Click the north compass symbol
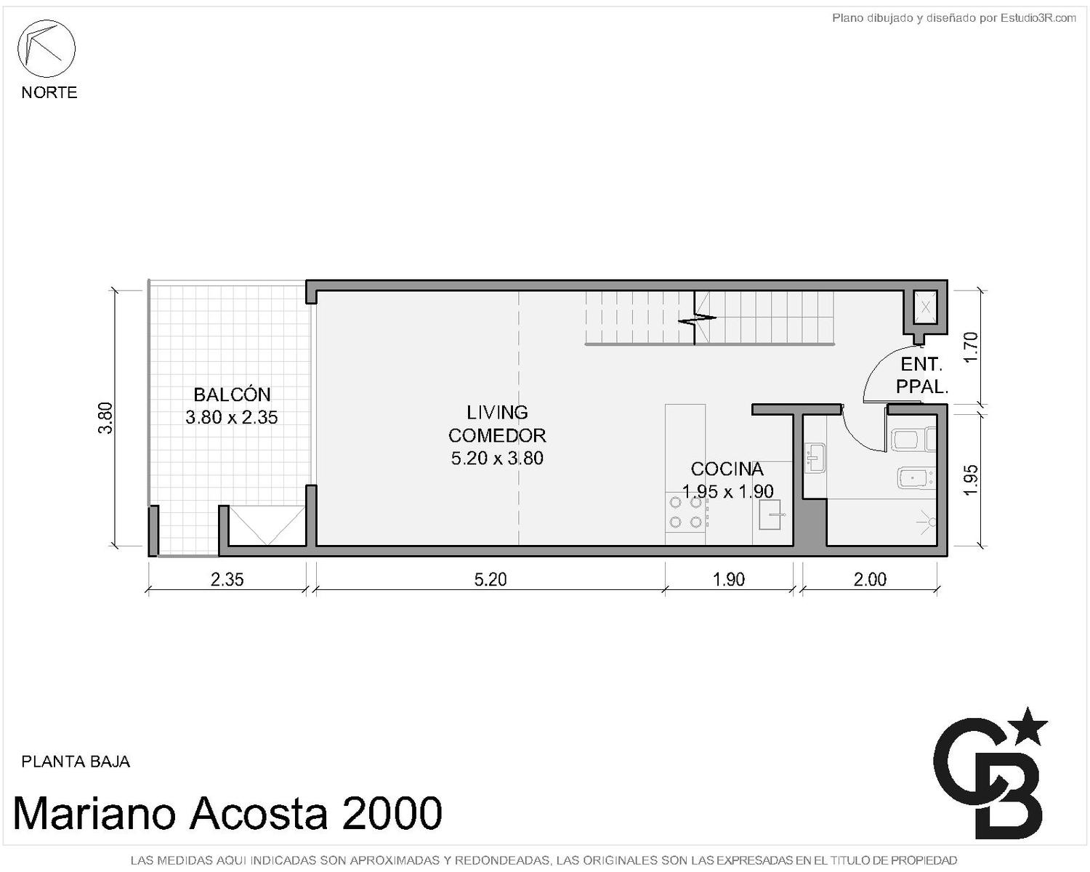(47, 49)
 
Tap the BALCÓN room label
(232, 394)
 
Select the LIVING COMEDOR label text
(497, 424)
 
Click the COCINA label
(727, 469)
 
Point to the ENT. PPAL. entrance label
(922, 376)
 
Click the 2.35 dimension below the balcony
(227, 579)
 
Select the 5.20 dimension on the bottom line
(490, 579)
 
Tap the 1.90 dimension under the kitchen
(728, 579)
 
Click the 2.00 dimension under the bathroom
(870, 579)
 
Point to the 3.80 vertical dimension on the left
(105, 418)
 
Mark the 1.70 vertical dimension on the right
(971, 347)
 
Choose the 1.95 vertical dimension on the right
(971, 480)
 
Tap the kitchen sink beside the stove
(770, 514)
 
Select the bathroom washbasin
(815, 458)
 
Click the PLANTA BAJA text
(76, 762)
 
